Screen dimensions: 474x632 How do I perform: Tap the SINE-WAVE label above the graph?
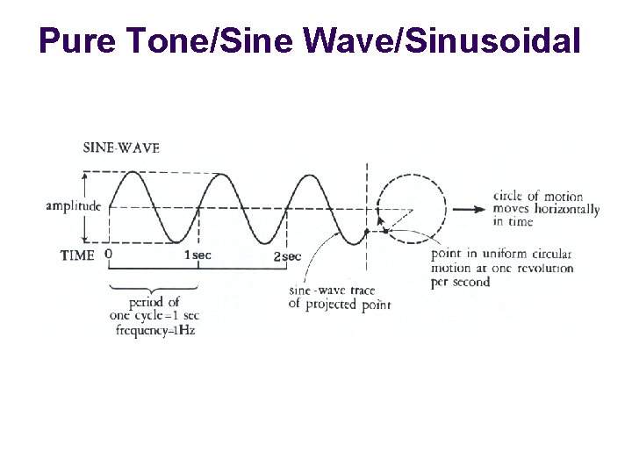click(x=121, y=147)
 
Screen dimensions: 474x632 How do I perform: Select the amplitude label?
click(x=74, y=207)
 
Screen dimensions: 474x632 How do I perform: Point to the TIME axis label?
click(x=77, y=255)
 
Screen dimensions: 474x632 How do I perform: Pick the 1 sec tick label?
click(x=197, y=255)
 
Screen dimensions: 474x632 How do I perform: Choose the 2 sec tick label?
click(x=287, y=256)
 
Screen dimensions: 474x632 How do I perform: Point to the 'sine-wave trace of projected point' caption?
click(x=339, y=298)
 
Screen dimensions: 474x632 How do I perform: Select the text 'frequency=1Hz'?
click(x=153, y=331)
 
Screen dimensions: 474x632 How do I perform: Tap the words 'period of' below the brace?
click(x=154, y=303)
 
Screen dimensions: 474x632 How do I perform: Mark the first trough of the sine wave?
click(x=176, y=243)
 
